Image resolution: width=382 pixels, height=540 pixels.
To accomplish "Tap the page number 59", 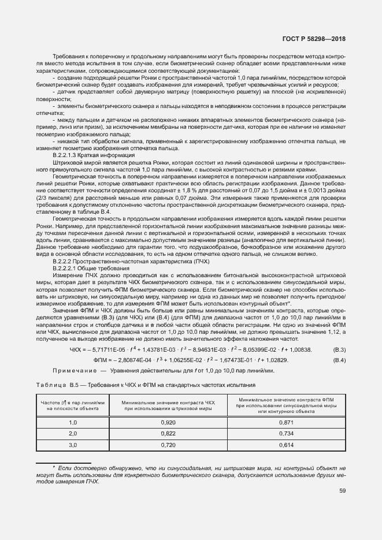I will tap(342, 491).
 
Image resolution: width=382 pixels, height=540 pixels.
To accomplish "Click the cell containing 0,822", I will tap(168, 433).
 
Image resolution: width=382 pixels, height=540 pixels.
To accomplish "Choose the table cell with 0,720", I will tap(168, 445).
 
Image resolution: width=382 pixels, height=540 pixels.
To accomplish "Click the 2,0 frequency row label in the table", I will tap(73, 433).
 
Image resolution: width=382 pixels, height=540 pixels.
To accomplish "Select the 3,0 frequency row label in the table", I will tap(73, 445).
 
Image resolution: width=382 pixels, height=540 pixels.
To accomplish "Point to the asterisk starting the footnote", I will tap(54, 466).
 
